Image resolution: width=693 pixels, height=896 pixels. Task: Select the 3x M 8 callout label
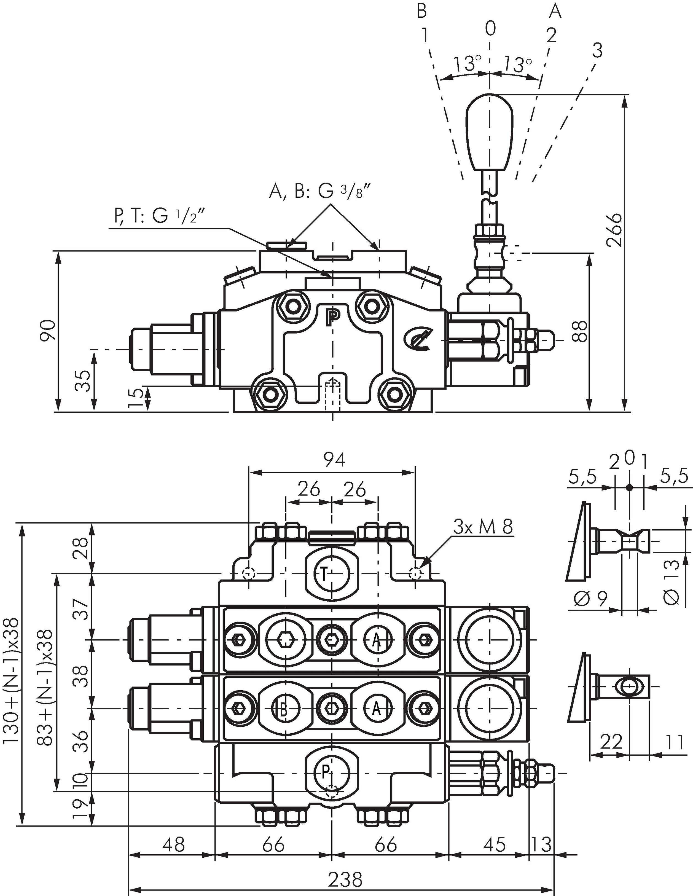click(483, 527)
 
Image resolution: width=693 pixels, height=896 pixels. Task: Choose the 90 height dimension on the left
click(49, 330)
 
